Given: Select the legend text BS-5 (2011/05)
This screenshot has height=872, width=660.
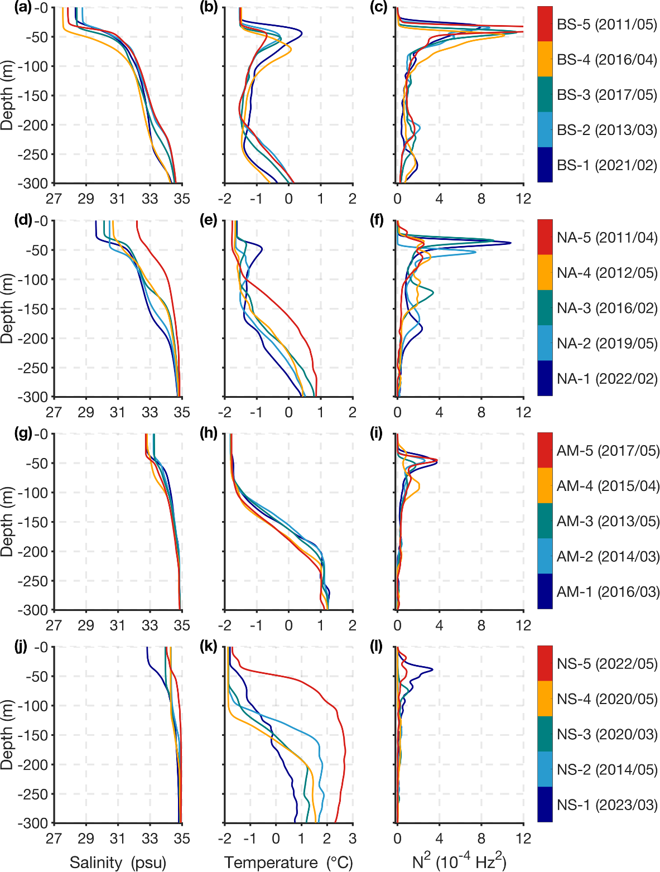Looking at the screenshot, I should click(607, 25).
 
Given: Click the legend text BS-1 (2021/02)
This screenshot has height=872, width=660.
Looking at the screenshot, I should click(607, 165).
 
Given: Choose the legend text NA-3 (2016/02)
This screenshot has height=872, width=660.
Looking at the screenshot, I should click(607, 308).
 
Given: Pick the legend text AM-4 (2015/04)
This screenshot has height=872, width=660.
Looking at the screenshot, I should click(608, 486).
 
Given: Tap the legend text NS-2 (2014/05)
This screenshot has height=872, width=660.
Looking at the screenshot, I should click(607, 770).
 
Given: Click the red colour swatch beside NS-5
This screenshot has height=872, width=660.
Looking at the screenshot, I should click(545, 663).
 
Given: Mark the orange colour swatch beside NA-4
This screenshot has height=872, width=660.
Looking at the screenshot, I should click(545, 272).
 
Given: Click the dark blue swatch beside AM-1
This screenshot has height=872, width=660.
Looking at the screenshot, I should click(545, 591).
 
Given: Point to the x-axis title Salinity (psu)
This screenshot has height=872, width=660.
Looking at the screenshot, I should click(118, 863).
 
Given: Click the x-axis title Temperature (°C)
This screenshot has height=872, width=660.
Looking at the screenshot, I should click(288, 863).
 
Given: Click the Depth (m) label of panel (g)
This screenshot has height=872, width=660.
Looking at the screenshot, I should click(7, 522).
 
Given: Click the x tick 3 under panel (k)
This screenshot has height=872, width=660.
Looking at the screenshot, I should click(352, 839).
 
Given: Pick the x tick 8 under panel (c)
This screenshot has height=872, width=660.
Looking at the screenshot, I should click(481, 199).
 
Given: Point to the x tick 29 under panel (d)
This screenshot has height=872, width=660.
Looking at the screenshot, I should click(85, 412).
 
